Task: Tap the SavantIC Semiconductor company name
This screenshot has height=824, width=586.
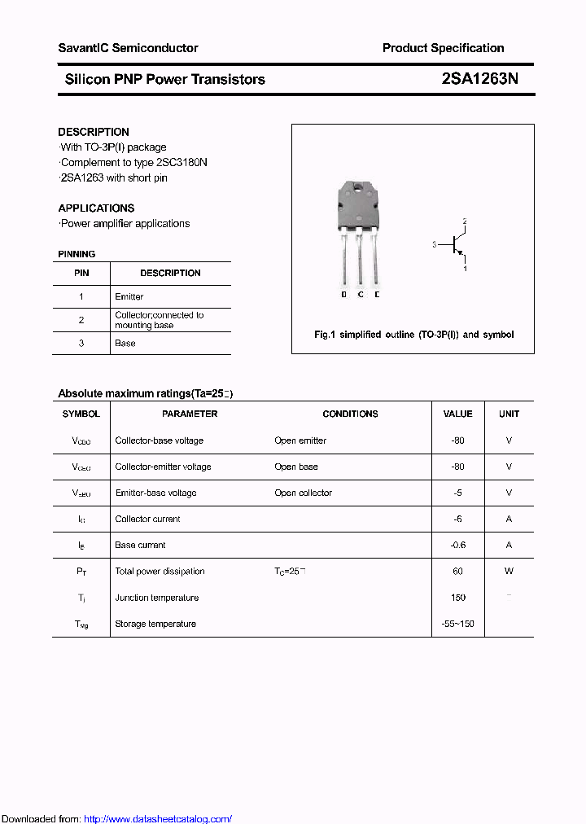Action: [128, 48]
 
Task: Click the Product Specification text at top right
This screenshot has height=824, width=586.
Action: [443, 48]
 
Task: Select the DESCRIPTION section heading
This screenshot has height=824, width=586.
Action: [94, 132]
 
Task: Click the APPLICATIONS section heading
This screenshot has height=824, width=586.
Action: [96, 208]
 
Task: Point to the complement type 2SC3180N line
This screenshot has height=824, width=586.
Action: [133, 162]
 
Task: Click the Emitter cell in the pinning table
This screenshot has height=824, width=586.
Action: [129, 296]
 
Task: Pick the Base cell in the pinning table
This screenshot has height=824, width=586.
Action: [125, 343]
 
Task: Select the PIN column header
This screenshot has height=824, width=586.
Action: [81, 273]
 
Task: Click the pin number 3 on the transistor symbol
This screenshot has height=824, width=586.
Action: [435, 244]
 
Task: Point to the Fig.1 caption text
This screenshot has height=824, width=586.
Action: [413, 335]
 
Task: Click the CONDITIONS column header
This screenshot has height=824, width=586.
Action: [350, 414]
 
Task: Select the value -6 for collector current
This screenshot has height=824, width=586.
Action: [457, 519]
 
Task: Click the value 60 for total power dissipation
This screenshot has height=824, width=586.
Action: [457, 571]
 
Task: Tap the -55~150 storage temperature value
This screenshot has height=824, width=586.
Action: [457, 624]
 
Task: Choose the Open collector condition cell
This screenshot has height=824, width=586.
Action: [303, 493]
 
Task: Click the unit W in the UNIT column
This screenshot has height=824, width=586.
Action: [509, 571]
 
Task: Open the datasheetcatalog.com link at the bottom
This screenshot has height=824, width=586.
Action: [158, 819]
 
